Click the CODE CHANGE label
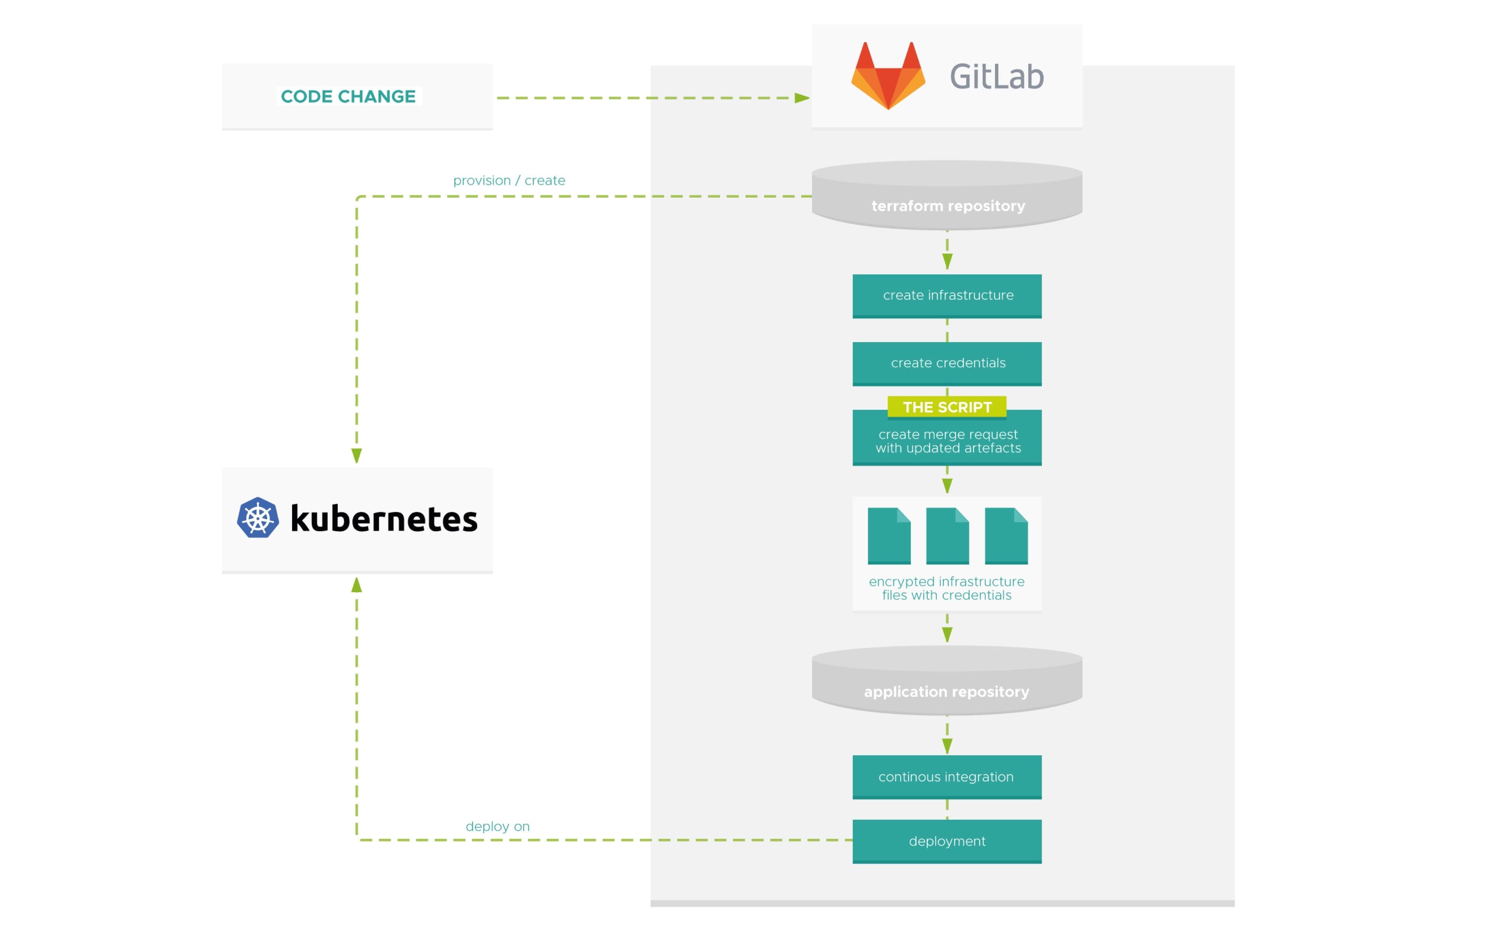tap(349, 97)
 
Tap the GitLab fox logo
tap(888, 77)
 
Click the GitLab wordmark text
tap(996, 77)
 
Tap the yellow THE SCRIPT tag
tap(947, 407)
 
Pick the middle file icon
tap(947, 536)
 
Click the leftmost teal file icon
tap(889, 536)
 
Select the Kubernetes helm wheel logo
tap(258, 518)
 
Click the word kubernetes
tap(383, 519)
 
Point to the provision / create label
tap(509, 181)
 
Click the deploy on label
tap(498, 827)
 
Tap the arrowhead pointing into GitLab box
tap(802, 98)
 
